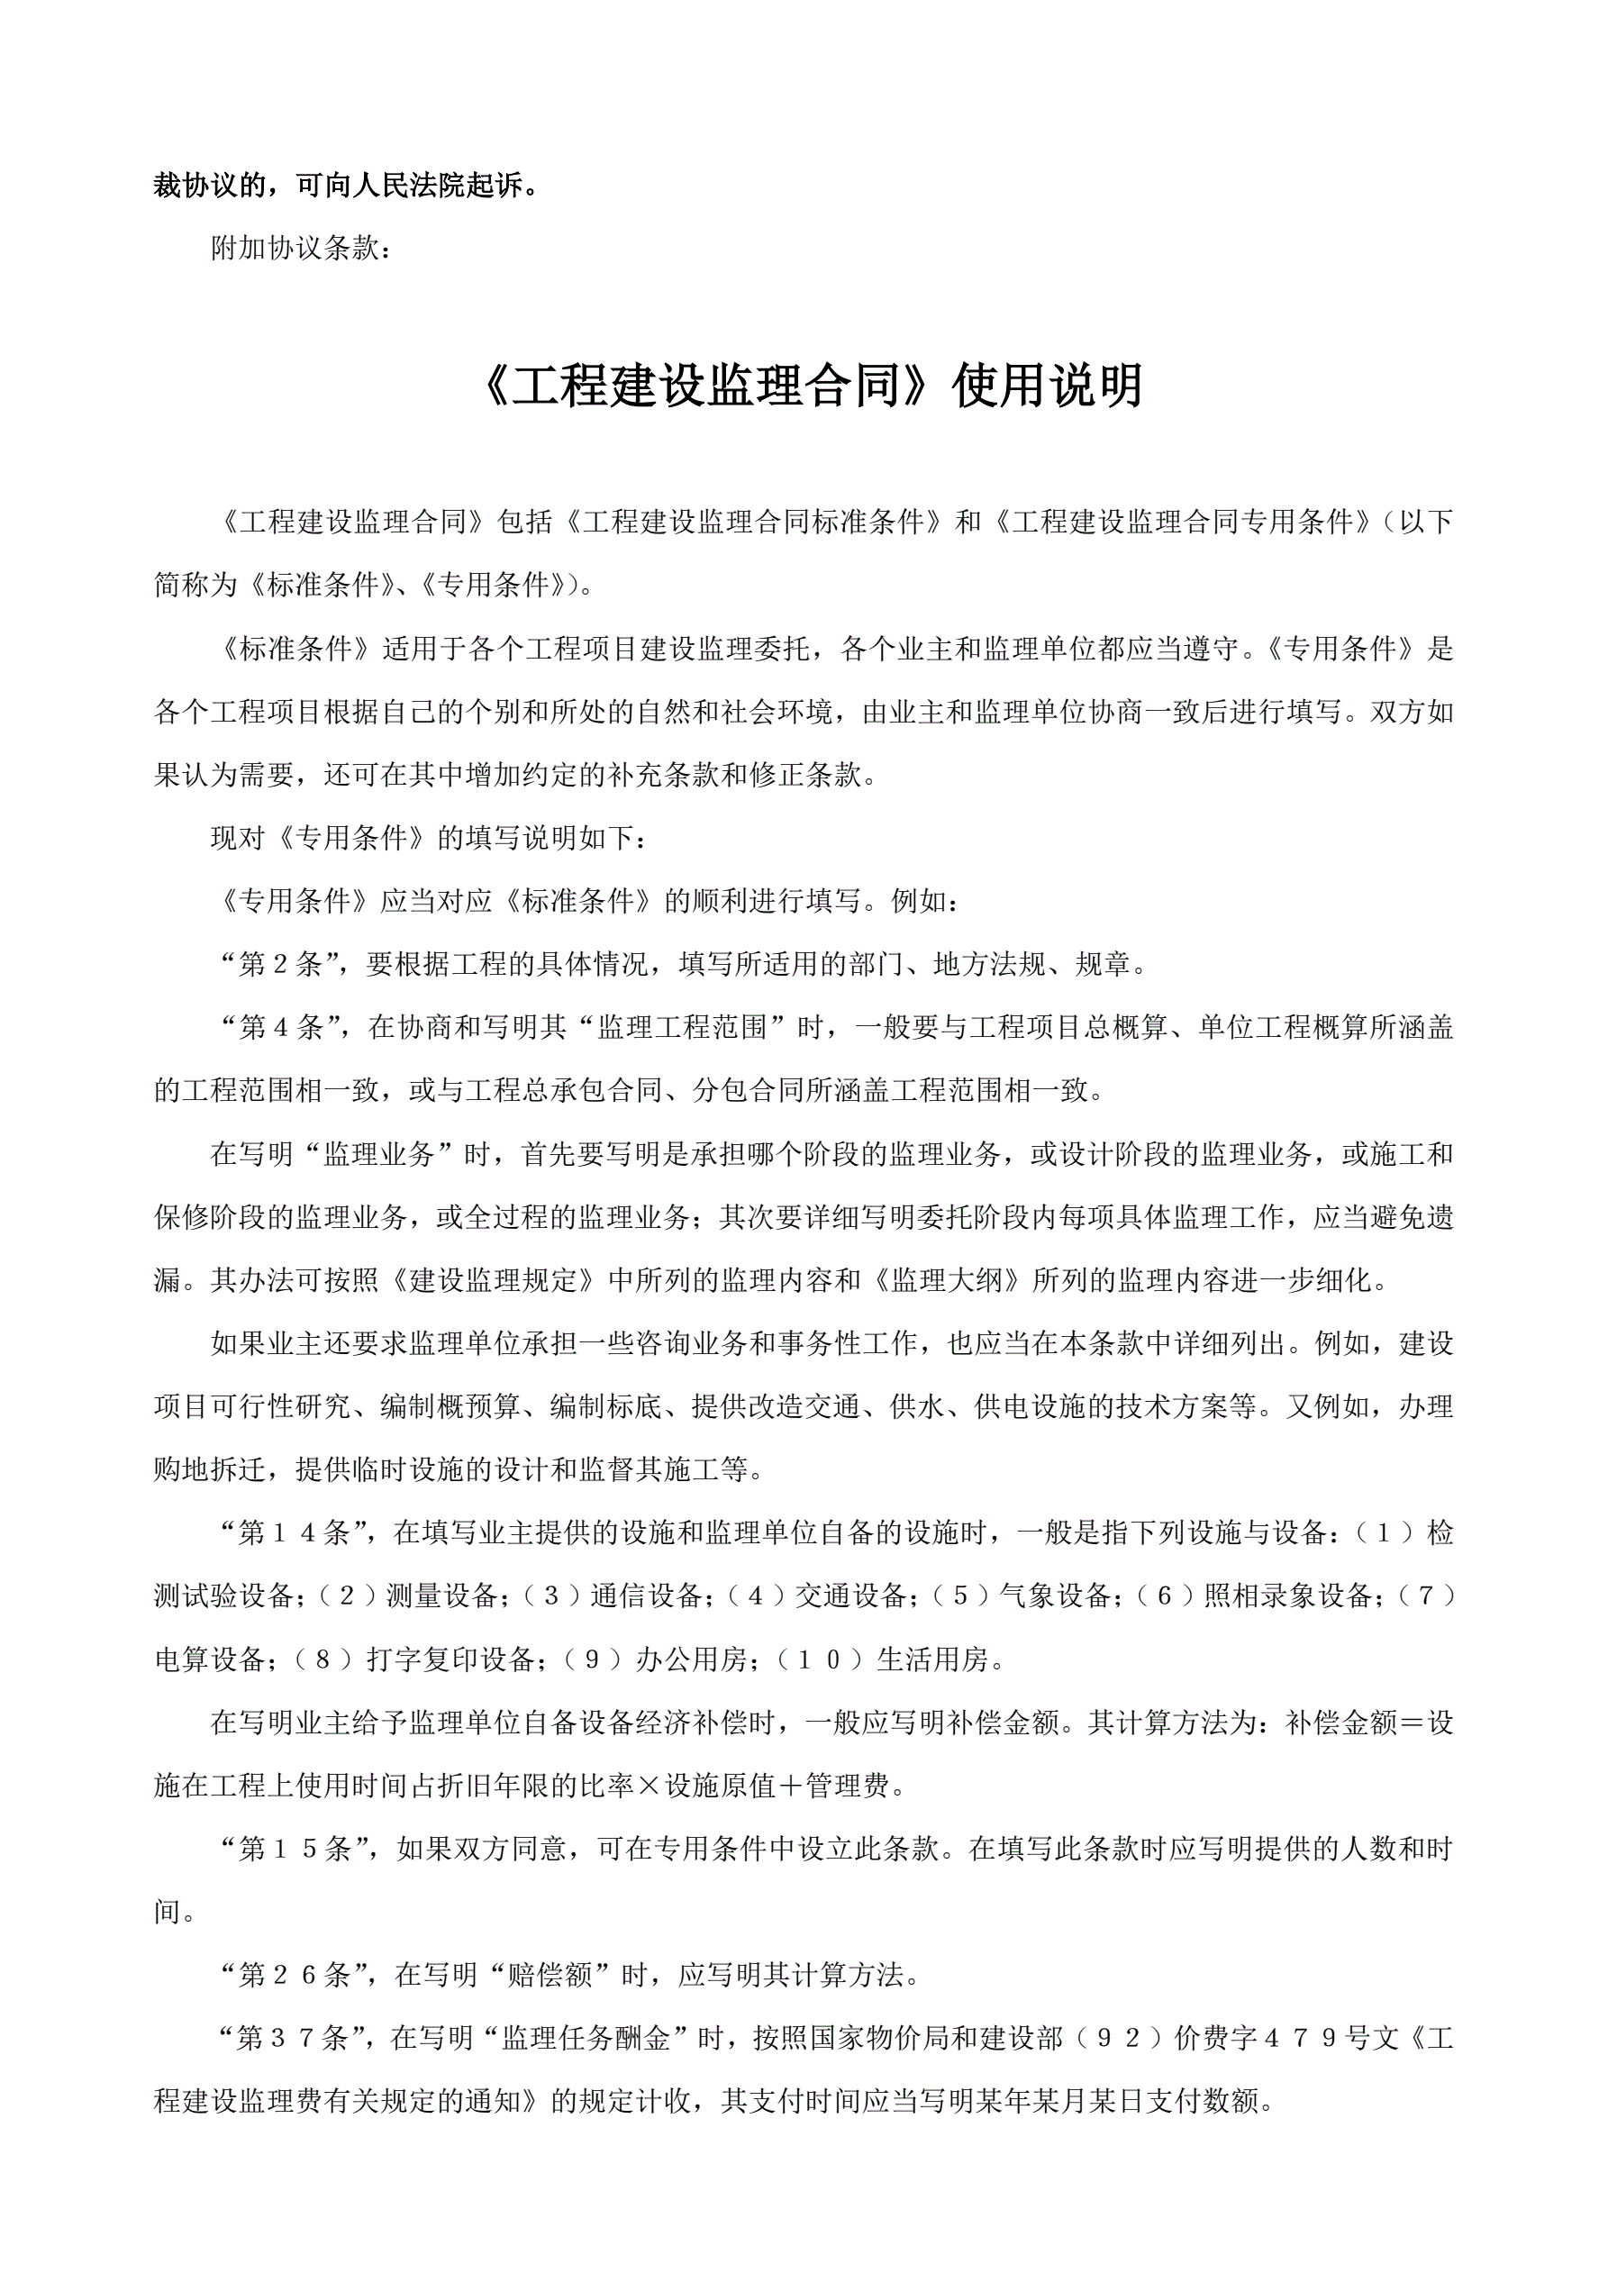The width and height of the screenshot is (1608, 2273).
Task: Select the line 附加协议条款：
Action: click(302, 249)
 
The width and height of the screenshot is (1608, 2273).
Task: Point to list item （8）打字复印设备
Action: click(416, 1659)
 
